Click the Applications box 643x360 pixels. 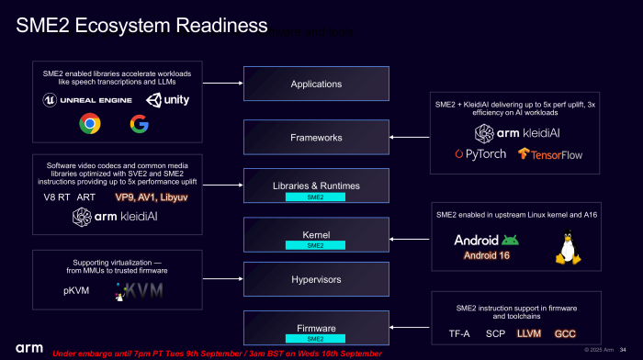tap(316, 84)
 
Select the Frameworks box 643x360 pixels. tap(316, 137)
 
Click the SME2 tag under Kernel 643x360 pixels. tap(315, 245)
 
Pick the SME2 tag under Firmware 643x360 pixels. tap(315, 339)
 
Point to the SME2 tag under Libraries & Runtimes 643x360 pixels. tap(315, 197)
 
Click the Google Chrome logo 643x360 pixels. tap(89, 123)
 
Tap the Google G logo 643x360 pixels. tap(139, 123)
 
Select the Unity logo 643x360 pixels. tap(168, 98)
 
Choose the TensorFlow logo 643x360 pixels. tap(550, 153)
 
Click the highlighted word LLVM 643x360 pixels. tap(530, 333)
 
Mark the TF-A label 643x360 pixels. tap(460, 333)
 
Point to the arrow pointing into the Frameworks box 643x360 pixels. tap(408, 137)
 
